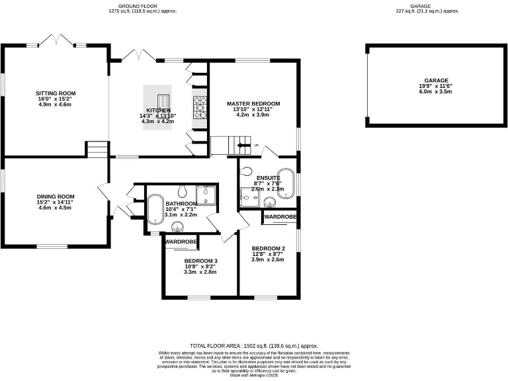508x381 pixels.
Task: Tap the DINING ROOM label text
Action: click(x=55, y=196)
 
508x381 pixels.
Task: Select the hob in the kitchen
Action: click(x=199, y=105)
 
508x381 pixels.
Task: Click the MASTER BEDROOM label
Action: click(x=253, y=104)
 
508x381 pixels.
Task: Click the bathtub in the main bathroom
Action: click(x=154, y=208)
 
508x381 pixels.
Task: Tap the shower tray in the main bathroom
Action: click(x=207, y=193)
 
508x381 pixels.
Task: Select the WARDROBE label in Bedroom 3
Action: click(x=181, y=242)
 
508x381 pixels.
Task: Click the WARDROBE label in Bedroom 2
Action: click(x=280, y=217)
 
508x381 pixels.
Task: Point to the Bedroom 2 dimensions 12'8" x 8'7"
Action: click(x=268, y=254)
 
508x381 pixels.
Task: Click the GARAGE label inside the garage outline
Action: click(x=435, y=80)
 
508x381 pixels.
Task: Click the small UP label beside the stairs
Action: click(x=256, y=145)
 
